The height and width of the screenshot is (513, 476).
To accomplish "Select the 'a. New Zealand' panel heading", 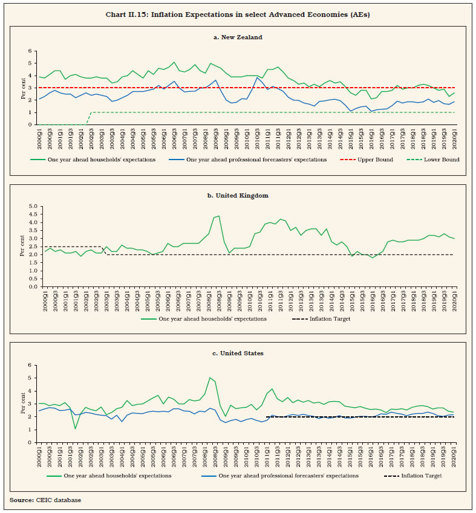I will pyautogui.click(x=238, y=37).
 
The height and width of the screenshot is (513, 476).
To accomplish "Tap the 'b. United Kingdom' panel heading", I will pyautogui.click(x=238, y=195).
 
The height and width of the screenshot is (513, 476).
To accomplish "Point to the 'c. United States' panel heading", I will pyautogui.click(x=238, y=353).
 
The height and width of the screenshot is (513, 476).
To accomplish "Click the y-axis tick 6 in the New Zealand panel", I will pyautogui.click(x=30, y=51).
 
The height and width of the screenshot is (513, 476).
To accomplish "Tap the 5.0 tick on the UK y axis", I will pyautogui.click(x=27, y=206).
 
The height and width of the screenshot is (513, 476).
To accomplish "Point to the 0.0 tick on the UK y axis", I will pyautogui.click(x=27, y=286).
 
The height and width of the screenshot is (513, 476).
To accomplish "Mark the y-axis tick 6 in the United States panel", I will pyautogui.click(x=30, y=366).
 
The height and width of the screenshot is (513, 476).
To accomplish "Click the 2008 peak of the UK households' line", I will pyautogui.click(x=219, y=216).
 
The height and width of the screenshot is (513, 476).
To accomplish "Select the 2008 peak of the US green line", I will pyautogui.click(x=209, y=378).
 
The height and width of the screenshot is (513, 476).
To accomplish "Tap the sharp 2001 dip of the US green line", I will pyautogui.click(x=75, y=428).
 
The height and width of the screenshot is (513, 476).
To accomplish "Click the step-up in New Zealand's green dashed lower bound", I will pyautogui.click(x=89, y=112).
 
